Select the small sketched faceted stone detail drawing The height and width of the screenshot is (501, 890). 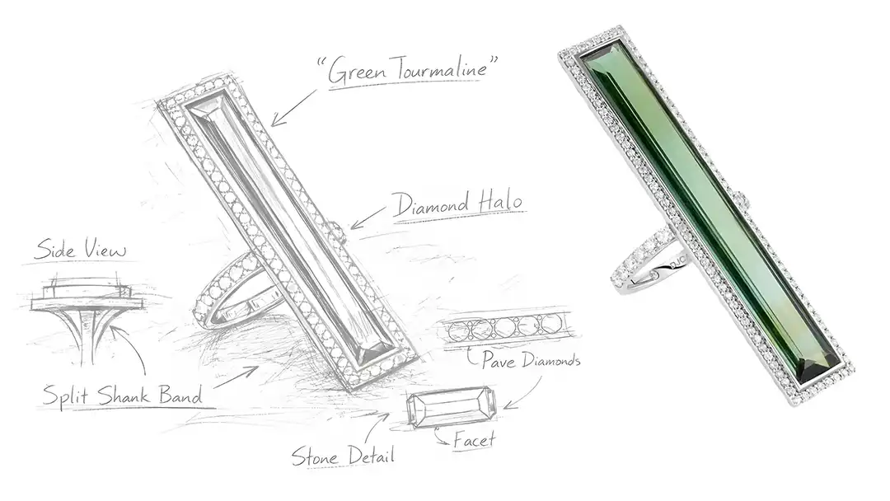tap(451, 408)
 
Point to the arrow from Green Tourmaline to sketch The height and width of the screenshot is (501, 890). tap(293, 108)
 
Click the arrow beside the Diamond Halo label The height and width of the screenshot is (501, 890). tap(367, 218)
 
